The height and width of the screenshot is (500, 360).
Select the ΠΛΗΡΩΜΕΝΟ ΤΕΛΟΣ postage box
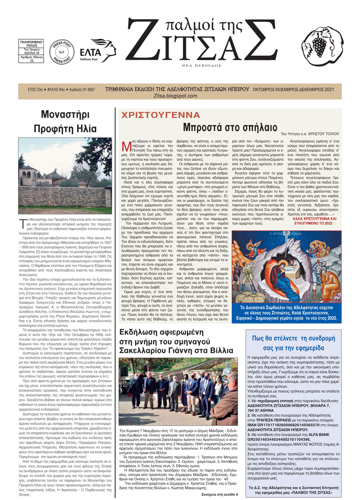pos(31,51)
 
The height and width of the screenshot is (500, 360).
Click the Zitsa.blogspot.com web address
pos(176,96)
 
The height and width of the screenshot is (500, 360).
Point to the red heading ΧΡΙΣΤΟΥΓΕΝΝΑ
pos(161,115)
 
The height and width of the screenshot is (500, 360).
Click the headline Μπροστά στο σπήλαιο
pos(230,128)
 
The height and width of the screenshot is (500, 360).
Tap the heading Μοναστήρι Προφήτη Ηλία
pos(65,122)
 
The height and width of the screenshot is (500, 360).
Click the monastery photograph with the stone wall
pos(65,174)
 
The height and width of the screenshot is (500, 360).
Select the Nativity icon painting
pos(286,267)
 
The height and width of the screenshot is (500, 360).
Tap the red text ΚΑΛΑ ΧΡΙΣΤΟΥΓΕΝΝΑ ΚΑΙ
pos(314,219)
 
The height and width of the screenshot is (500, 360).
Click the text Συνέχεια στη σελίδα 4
pos(219,494)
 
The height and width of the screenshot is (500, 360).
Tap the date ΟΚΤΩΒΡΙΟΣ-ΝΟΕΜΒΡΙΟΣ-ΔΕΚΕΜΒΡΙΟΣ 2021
pos(293,89)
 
